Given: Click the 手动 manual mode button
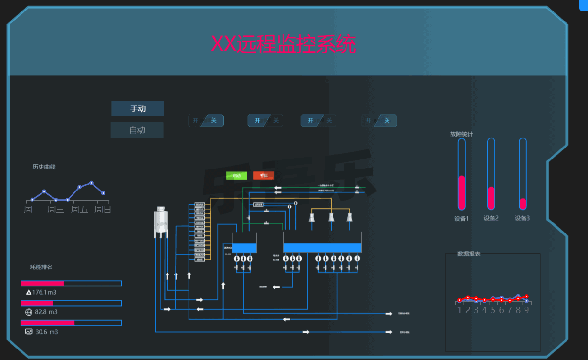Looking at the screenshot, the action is pyautogui.click(x=138, y=109).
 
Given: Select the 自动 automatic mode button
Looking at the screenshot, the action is pyautogui.click(x=137, y=130).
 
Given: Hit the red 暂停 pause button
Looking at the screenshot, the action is pyautogui.click(x=264, y=175).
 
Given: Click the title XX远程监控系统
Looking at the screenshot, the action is pyautogui.click(x=283, y=44).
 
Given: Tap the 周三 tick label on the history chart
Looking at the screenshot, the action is pyautogui.click(x=56, y=210).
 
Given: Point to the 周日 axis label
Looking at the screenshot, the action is pyautogui.click(x=103, y=210).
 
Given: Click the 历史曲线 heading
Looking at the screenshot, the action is pyautogui.click(x=44, y=167).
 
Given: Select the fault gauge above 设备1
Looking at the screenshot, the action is pyautogui.click(x=462, y=174).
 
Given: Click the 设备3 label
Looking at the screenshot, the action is pyautogui.click(x=522, y=218).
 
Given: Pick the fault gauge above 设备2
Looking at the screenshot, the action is pyautogui.click(x=491, y=174).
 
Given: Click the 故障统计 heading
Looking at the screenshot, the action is pyautogui.click(x=461, y=135).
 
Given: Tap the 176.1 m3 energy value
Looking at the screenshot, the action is pyautogui.click(x=47, y=292).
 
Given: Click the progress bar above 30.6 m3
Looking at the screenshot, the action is pyautogui.click(x=71, y=323).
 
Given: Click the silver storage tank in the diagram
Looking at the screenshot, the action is pyautogui.click(x=161, y=222).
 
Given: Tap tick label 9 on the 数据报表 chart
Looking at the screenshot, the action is pyautogui.click(x=526, y=310).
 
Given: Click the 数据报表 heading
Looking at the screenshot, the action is pyautogui.click(x=469, y=254).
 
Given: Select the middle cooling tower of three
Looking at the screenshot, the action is pyautogui.click(x=331, y=217).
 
